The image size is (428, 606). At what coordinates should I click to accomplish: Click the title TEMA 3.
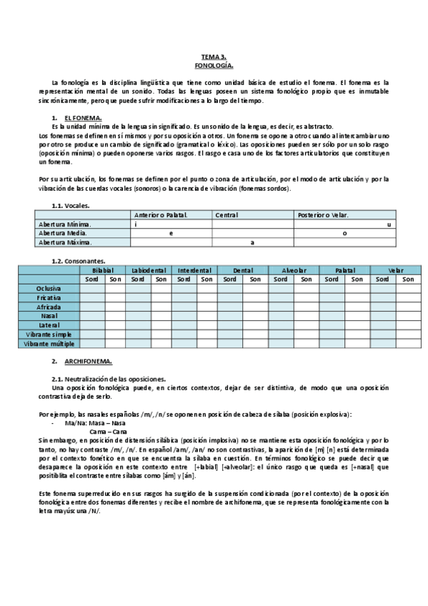point(214,56)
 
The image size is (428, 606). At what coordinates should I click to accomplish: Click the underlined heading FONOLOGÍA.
point(214,64)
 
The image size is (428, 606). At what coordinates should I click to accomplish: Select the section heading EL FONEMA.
point(83,117)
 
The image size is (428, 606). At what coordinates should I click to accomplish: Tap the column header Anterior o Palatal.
point(159,215)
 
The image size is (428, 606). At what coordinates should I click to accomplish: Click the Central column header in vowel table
point(227,215)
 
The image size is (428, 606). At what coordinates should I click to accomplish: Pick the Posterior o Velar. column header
point(322,215)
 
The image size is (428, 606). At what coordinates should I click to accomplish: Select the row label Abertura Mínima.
point(64,224)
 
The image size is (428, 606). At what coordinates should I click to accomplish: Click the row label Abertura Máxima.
point(65,242)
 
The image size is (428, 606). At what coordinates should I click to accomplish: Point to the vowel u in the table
point(389,224)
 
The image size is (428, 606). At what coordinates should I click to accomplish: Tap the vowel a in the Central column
point(252,242)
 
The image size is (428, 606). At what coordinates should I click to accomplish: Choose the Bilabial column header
point(103,271)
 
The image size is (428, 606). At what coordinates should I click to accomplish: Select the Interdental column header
point(195,271)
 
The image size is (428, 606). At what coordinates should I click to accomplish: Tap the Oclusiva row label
point(49,288)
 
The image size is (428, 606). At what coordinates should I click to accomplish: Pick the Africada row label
point(49,307)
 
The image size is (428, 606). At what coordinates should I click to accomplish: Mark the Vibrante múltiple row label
point(49,344)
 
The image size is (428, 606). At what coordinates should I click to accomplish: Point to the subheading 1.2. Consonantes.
point(79,262)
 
